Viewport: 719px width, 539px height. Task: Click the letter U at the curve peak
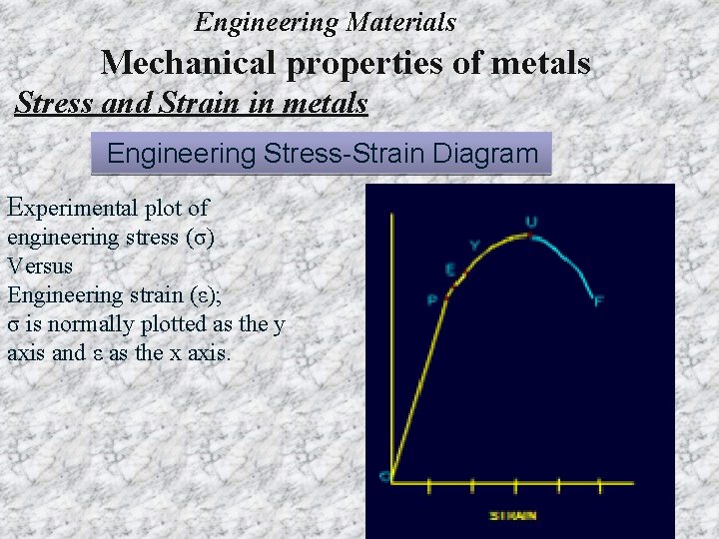pos(530,222)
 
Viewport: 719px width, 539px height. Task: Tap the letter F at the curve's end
pos(598,300)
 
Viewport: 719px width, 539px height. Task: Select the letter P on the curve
pos(432,298)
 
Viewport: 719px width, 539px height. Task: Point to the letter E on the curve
pos(450,269)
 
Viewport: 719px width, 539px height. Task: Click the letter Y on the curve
pos(473,245)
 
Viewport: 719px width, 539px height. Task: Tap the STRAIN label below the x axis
pos(513,515)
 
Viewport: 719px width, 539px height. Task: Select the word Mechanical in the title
pos(191,63)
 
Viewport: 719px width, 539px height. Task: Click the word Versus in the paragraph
pos(40,267)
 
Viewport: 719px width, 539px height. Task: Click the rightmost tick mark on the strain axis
pos(599,486)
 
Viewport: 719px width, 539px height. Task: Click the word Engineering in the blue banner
pos(182,154)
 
